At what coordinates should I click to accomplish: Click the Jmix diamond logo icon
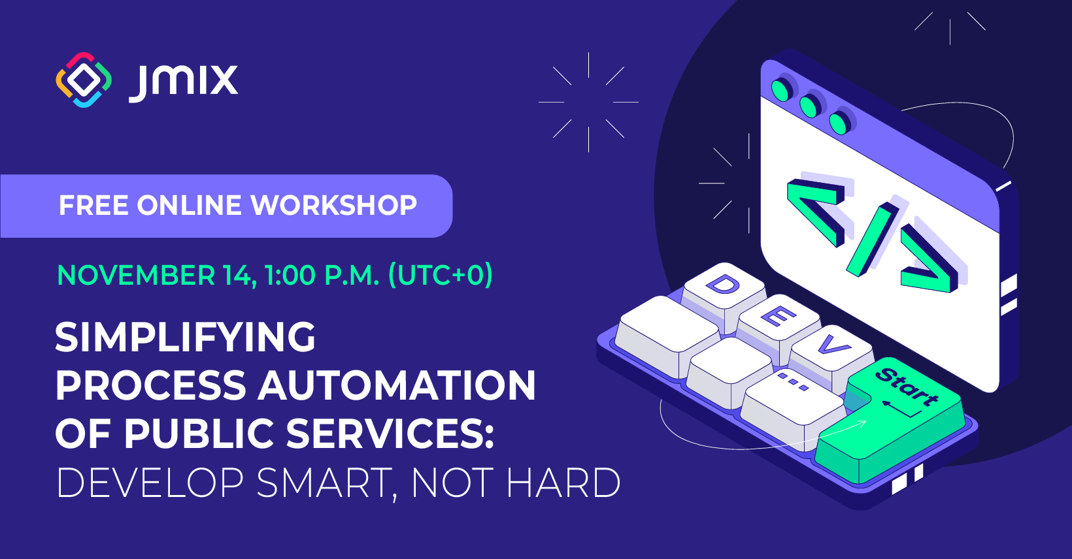pos(84,80)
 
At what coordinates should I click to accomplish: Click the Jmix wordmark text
pos(184,82)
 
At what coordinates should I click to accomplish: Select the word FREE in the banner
pos(94,206)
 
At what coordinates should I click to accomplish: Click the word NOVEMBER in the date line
pos(136,276)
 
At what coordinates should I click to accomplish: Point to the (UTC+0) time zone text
pos(440,275)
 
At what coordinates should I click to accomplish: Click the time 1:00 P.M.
pos(322,276)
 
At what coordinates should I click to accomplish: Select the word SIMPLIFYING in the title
pos(185,338)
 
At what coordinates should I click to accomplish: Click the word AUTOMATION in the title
pos(397,385)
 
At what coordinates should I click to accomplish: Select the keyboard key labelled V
pos(830,346)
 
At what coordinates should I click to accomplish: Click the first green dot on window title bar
pos(780,89)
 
